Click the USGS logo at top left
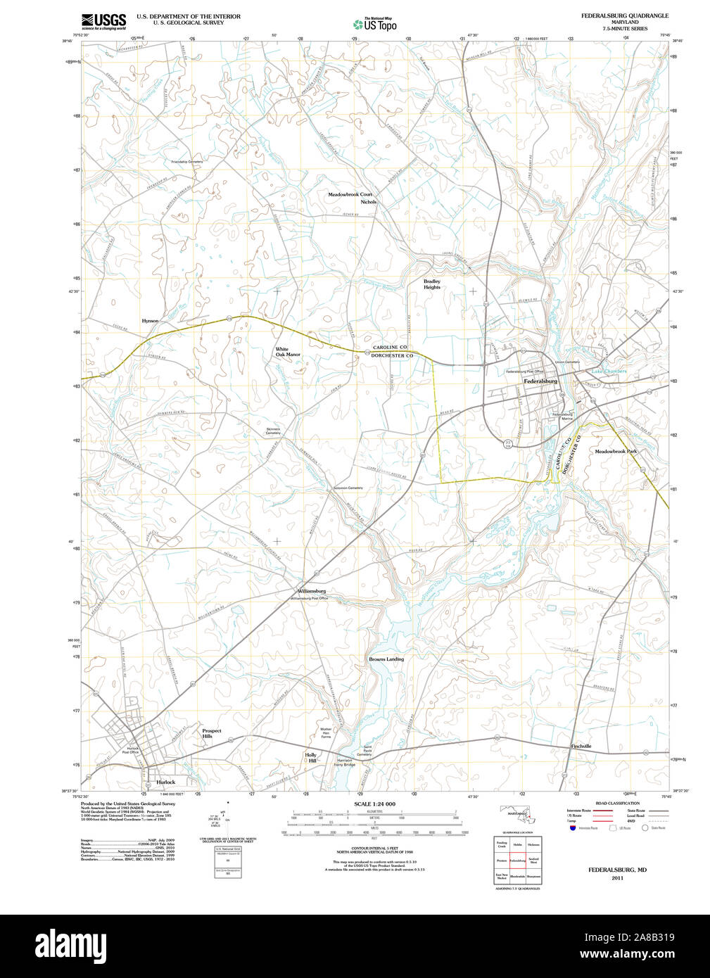point(103,21)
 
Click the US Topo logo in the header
point(375,24)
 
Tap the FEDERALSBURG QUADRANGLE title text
point(624,15)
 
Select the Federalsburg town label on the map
point(540,381)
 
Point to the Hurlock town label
point(166,782)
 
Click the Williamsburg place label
point(311,591)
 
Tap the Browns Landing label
point(386,659)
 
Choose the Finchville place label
point(581,746)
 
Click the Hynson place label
point(150,321)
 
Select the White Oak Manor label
point(287,352)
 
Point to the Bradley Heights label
point(432,284)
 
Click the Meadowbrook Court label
point(350,194)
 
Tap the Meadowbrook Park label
point(616,451)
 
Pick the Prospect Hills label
point(211,733)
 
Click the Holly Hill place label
point(310,758)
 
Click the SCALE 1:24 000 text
point(374,804)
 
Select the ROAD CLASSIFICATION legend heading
point(617,804)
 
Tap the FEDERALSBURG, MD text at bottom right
point(617,870)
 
